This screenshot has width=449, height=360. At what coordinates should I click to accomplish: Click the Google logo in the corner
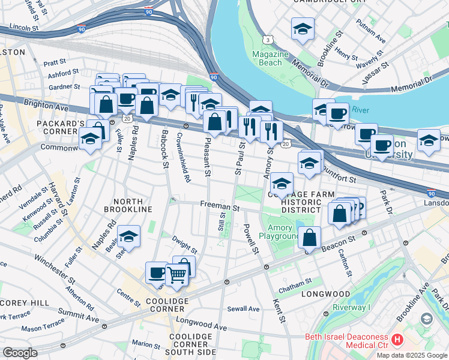click(x=20, y=353)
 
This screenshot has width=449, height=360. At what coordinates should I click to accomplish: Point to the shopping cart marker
click(x=176, y=274)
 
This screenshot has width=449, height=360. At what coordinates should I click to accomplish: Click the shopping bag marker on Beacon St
click(x=310, y=238)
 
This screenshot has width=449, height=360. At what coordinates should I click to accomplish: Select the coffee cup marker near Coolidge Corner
click(x=157, y=272)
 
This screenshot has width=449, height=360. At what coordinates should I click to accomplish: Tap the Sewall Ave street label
click(x=243, y=309)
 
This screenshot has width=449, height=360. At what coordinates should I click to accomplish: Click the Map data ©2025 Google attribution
click(x=412, y=355)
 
